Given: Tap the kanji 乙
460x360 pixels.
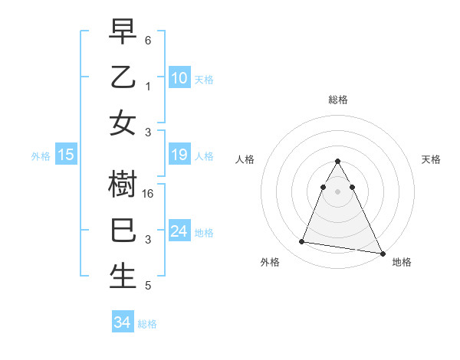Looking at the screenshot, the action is point(123,77).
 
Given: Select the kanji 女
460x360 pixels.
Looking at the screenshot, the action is point(123,123).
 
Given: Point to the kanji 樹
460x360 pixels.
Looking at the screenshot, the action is point(123,184).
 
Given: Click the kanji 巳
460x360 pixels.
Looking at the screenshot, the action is point(123,231).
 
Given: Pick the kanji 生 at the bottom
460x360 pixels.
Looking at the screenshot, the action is point(123,277).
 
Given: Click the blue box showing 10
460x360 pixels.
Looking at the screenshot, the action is point(179,77).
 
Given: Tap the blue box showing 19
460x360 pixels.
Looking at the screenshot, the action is point(179,155).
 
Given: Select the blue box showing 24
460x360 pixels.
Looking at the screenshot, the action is point(179,231).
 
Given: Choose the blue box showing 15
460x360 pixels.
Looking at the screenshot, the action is point(66,155).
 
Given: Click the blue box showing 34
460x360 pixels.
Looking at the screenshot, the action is point(122,322).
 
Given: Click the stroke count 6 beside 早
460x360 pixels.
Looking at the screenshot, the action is point(147,39).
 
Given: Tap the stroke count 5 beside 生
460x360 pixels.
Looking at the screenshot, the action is point(147,286).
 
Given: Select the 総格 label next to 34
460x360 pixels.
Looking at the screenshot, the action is point(147,324).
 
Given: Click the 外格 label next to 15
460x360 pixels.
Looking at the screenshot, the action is point(40,156).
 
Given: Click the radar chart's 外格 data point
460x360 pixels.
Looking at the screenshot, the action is point(302,242).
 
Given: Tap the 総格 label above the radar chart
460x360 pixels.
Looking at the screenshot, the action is point(338,100).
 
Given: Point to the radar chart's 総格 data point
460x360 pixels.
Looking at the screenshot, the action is point(337,161).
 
